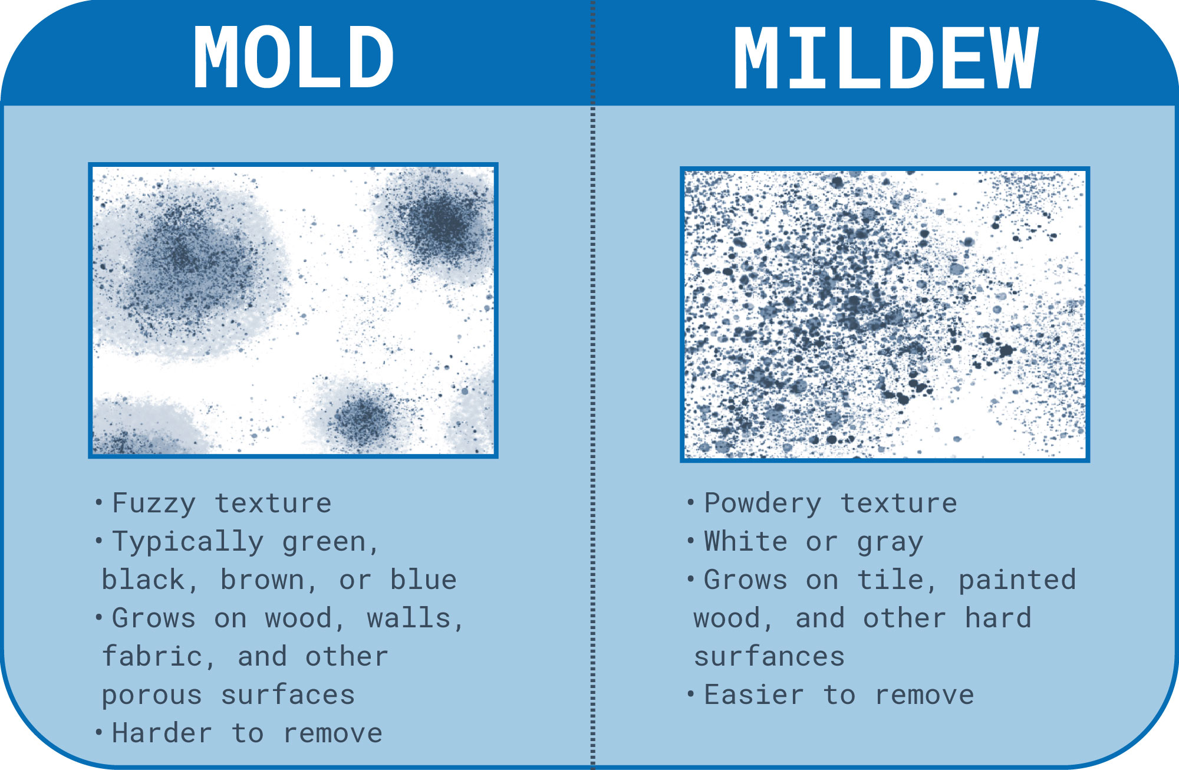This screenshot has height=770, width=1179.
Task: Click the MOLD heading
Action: click(x=294, y=57)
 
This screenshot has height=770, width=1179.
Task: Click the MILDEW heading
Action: click(x=885, y=57)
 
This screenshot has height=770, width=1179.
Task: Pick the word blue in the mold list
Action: click(x=423, y=580)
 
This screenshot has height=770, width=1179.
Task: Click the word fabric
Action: click(x=157, y=657)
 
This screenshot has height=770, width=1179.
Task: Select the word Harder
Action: click(x=162, y=733)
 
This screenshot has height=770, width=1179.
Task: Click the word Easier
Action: click(x=754, y=695)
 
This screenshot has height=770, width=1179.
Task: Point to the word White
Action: click(x=746, y=542)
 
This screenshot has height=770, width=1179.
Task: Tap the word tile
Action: click(x=897, y=580)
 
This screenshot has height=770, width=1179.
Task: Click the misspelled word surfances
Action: click(x=769, y=657)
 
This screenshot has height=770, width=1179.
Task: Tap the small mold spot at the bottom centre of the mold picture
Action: click(x=363, y=416)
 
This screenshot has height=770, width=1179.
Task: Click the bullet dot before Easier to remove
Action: click(x=690, y=693)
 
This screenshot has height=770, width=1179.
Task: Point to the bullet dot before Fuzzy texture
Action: click(x=98, y=502)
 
